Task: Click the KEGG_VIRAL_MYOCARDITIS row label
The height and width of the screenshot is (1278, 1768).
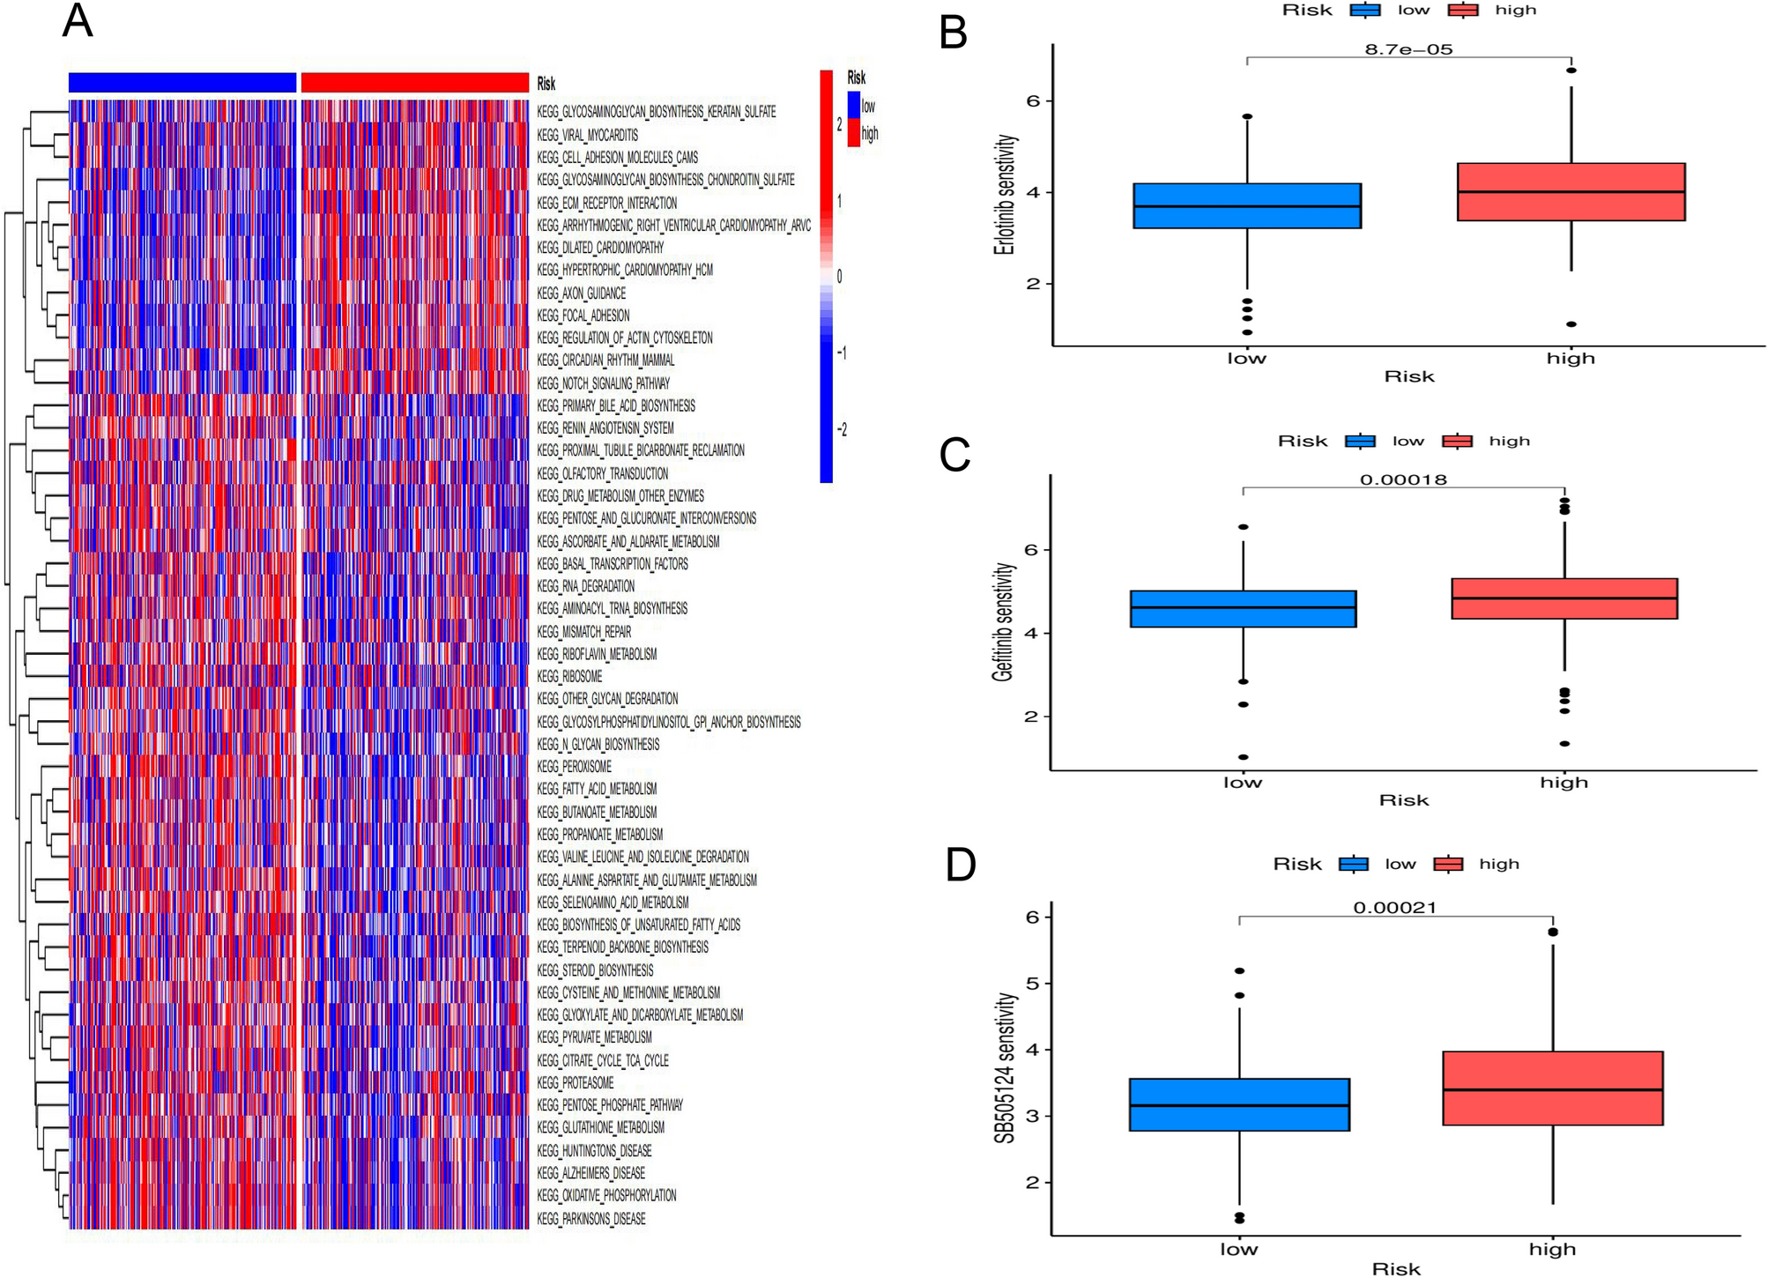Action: pyautogui.click(x=587, y=135)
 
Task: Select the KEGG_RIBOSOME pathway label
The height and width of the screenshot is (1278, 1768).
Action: pyautogui.click(x=569, y=676)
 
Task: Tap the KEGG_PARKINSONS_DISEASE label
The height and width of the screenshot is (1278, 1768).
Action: pyautogui.click(x=591, y=1218)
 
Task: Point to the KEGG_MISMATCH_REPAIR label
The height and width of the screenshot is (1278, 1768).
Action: pyautogui.click(x=583, y=631)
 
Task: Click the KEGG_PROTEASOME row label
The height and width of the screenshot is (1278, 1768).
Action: pyautogui.click(x=575, y=1082)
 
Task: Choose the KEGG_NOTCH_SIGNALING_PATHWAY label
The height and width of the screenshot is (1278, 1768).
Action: pyautogui.click(x=603, y=383)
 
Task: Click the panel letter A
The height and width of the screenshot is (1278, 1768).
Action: pyautogui.click(x=78, y=21)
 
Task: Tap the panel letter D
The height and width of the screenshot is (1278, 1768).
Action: pyautogui.click(x=960, y=865)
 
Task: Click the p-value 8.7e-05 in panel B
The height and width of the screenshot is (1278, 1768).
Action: pyautogui.click(x=1408, y=49)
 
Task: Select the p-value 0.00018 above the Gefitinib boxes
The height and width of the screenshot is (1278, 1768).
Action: pyautogui.click(x=1403, y=480)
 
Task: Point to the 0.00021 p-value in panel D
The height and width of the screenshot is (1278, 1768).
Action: pyautogui.click(x=1395, y=908)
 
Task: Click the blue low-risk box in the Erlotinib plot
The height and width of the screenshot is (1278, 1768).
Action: pyautogui.click(x=1246, y=205)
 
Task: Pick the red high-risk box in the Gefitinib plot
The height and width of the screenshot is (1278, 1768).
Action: pyautogui.click(x=1564, y=598)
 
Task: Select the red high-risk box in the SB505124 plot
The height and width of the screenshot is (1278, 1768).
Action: pyautogui.click(x=1552, y=1088)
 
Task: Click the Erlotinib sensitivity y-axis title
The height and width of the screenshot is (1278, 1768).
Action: pyautogui.click(x=1004, y=195)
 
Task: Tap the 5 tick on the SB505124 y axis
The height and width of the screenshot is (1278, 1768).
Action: pyautogui.click(x=1032, y=984)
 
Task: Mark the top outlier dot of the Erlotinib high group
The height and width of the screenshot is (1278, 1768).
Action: pyautogui.click(x=1571, y=71)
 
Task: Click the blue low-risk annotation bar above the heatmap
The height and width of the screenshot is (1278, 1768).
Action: pyautogui.click(x=182, y=82)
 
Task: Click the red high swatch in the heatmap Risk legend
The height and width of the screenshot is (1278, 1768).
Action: pyautogui.click(x=853, y=133)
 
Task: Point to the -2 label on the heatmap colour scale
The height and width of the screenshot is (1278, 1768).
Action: pyautogui.click(x=842, y=430)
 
